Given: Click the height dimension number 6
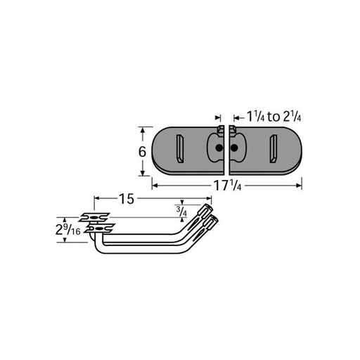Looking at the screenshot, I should [141, 152].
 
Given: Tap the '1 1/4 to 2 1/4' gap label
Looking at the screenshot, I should [271, 116].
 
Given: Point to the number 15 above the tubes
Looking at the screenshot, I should [126, 199].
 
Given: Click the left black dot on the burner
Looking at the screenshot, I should [219, 149].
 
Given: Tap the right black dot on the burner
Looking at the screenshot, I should [233, 149].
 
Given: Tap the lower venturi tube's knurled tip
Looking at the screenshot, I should [214, 222].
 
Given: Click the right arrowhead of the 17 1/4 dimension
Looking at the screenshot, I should [300, 186].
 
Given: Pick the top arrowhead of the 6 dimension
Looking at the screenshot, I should [142, 129].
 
